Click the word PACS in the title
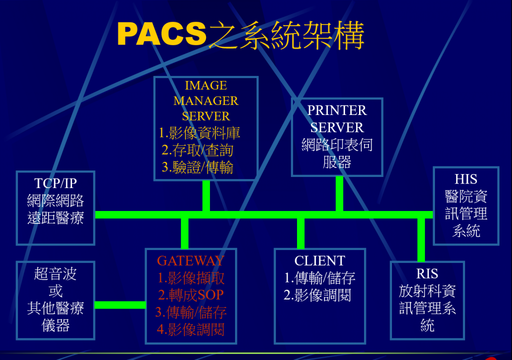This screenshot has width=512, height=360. [161, 33]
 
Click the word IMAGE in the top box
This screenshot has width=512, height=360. [205, 85]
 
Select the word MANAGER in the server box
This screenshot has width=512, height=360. [205, 101]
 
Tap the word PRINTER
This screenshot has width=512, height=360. [337, 110]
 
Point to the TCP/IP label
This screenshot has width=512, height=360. [55, 183]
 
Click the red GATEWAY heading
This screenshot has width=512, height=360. [190, 260]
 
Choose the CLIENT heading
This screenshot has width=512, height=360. [319, 260]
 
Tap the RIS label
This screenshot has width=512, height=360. [427, 274]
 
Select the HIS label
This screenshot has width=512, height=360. [466, 179]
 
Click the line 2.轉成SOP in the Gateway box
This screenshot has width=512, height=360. [190, 295]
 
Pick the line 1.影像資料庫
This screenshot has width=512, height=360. [199, 133]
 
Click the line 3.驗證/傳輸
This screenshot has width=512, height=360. [197, 167]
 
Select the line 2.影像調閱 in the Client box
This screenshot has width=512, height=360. [317, 295]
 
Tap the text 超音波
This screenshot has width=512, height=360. [55, 274]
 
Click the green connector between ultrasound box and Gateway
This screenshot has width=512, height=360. [120, 305]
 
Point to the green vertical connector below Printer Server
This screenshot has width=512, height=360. [339, 193]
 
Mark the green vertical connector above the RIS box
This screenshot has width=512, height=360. [421, 240]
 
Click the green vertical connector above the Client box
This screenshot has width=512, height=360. [300, 233]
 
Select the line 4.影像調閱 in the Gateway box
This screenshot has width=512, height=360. [190, 329]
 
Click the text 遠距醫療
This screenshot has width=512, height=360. [55, 218]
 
